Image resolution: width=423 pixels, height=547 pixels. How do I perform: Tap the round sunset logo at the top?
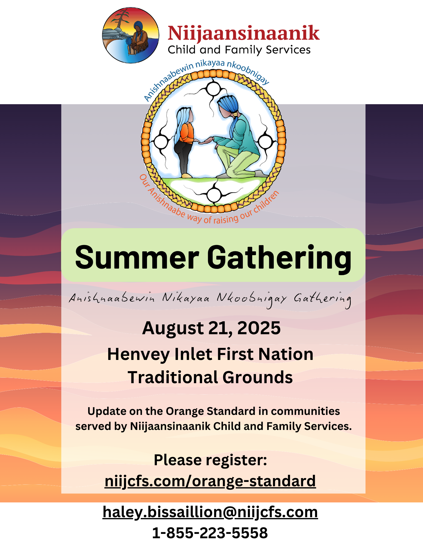[x=131, y=35]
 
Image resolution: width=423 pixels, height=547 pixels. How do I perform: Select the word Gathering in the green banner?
[x=279, y=258]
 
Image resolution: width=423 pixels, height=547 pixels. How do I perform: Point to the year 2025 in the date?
[x=259, y=328]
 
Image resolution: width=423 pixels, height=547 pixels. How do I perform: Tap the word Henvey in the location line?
[x=138, y=355]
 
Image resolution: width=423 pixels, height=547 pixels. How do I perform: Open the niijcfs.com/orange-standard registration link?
[x=210, y=481]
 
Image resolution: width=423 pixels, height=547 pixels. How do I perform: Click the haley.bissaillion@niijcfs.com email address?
[x=210, y=512]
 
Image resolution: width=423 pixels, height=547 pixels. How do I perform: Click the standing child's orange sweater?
[x=186, y=133]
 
